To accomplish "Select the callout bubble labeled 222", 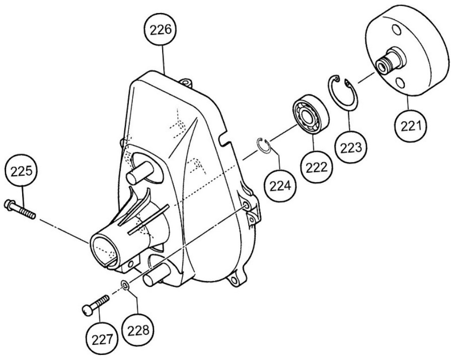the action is point(317,167).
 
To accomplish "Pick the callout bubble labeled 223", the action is point(351,148).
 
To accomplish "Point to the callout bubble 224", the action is point(280,185).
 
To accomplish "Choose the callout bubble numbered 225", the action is point(21,171).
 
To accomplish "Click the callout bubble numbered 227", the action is point(102,340).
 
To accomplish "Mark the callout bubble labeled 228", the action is point(138,330).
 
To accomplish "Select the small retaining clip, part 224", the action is point(263,146).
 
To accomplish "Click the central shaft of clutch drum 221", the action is point(390,61).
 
